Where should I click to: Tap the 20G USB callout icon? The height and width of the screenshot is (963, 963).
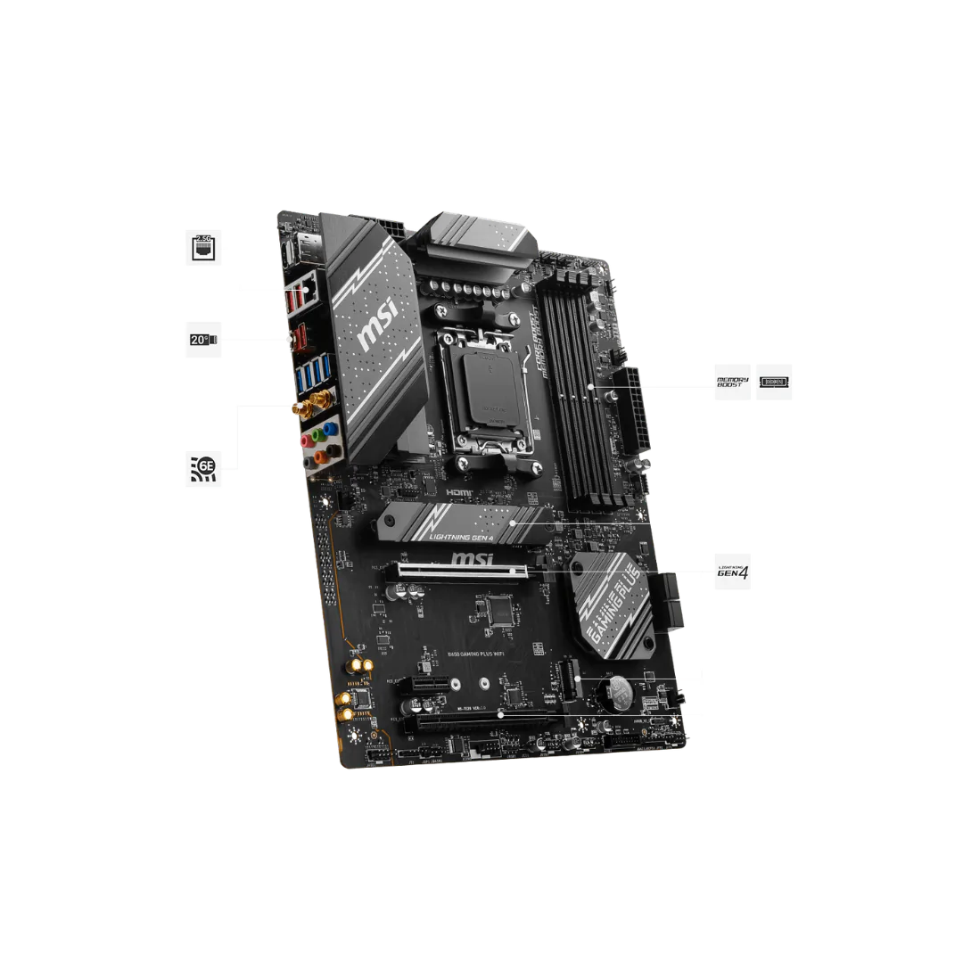[203, 339]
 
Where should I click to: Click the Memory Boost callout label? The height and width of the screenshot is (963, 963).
[730, 383]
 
